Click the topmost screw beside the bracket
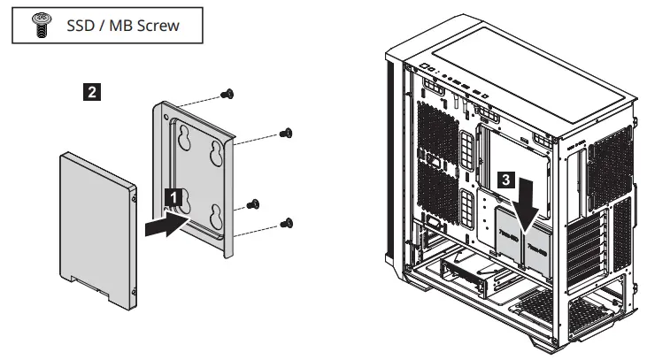tap(227, 93)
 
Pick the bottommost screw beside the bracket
tap(287, 223)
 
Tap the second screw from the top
tap(286, 134)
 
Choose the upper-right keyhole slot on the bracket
tap(215, 154)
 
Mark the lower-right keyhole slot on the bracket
tap(215, 219)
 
